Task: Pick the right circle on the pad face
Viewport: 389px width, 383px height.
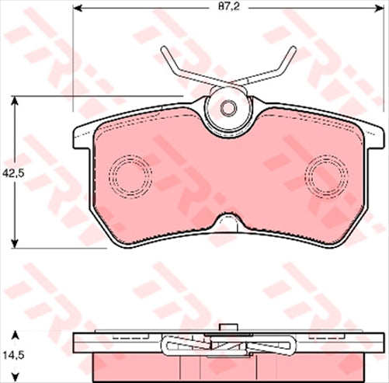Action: tap(326, 172)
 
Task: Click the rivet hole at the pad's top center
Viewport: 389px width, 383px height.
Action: tap(228, 108)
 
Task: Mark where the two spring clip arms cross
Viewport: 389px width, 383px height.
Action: tap(228, 79)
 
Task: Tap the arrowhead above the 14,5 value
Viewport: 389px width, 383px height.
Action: tap(16, 335)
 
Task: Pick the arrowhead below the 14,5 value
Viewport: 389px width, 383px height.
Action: tap(16, 376)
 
